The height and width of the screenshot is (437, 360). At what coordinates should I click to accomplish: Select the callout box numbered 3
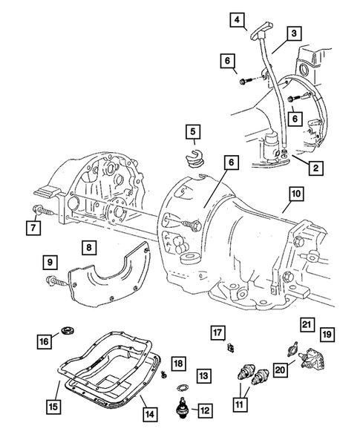(x=295, y=33)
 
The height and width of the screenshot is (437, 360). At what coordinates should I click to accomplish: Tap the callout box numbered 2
(x=315, y=169)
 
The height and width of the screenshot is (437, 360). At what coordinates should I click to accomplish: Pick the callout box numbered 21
(x=306, y=323)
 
